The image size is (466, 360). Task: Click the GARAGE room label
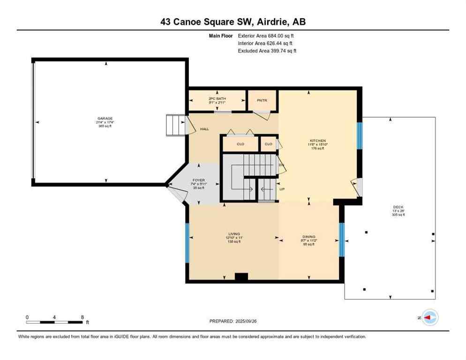pyautogui.click(x=105, y=119)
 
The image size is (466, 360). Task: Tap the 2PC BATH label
pyautogui.click(x=217, y=98)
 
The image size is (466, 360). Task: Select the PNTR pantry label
pyautogui.click(x=263, y=100)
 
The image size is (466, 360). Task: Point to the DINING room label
pyautogui.click(x=308, y=237)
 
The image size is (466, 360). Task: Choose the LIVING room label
pyautogui.click(x=233, y=234)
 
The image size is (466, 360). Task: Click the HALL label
pyautogui.click(x=204, y=129)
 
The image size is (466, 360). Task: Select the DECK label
pyautogui.click(x=398, y=207)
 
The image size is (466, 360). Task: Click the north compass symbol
pyautogui.click(x=429, y=317)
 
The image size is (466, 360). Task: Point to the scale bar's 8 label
pyautogui.click(x=83, y=317)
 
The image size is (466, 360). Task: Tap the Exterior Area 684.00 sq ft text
pyautogui.click(x=266, y=35)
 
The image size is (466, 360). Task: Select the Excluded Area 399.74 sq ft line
pyautogui.click(x=267, y=51)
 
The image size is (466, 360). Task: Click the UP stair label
pyautogui.click(x=282, y=189)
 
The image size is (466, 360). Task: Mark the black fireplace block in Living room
pyautogui.click(x=241, y=277)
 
